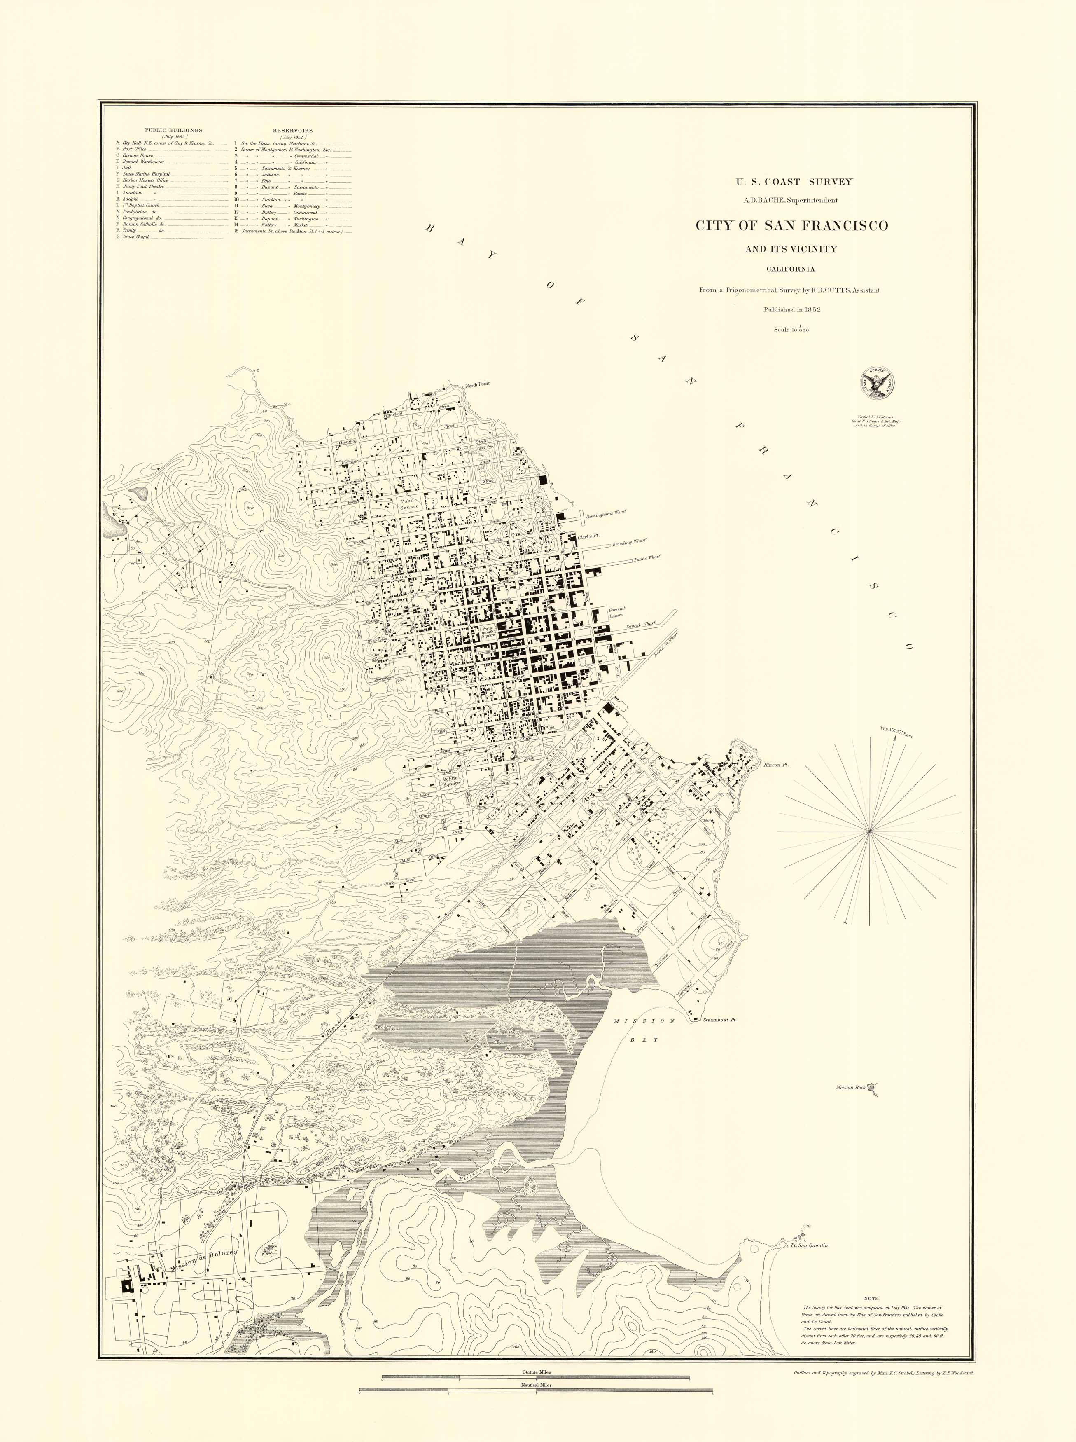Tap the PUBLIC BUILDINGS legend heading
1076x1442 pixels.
coord(173,130)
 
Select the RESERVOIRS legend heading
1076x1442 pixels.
coord(292,130)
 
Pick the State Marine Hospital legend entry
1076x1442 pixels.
coord(147,174)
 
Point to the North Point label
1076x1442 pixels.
coord(477,384)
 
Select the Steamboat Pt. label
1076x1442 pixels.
coord(720,1019)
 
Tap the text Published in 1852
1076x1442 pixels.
coord(791,310)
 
